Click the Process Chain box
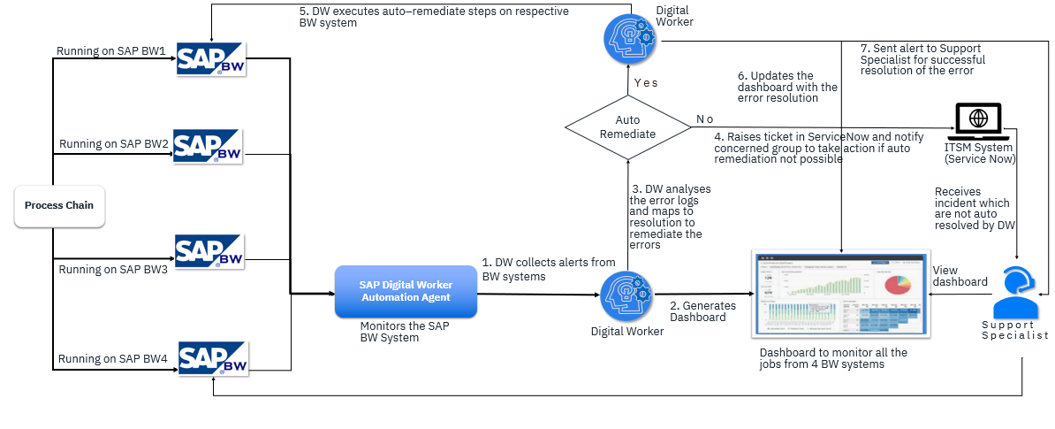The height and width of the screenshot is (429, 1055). point(59,205)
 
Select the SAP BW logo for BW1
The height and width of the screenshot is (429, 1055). point(211,58)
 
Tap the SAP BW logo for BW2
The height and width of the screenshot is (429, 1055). point(208,147)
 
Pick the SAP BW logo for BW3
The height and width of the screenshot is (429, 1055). point(209,251)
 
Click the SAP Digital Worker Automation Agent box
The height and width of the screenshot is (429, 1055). point(406,291)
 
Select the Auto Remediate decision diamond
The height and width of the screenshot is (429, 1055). point(627,127)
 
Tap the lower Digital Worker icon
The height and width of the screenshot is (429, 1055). point(626,296)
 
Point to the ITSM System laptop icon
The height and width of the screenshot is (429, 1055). point(979,122)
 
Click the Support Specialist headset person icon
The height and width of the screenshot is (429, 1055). point(1015,295)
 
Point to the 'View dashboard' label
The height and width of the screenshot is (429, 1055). point(960,276)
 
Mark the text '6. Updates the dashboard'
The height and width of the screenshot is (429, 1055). point(787,87)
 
